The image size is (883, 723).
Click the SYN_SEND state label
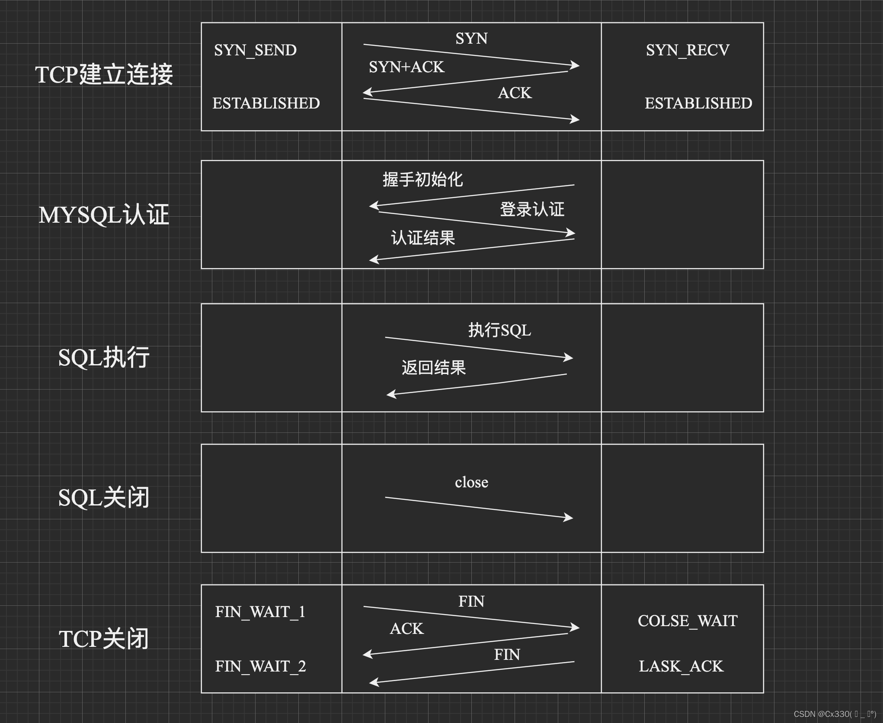255,51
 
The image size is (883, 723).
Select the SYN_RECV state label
688,51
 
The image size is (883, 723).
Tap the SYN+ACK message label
406,67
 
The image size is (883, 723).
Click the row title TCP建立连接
104,74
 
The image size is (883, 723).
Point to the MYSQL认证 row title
104,215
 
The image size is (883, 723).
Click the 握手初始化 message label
422,179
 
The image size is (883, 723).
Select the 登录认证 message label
532,209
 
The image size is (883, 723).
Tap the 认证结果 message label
423,238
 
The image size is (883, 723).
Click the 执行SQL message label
499,330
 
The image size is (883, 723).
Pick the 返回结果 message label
434,368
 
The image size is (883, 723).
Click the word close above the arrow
471,482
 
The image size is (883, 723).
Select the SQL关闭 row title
104,498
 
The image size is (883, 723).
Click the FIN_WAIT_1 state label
260,612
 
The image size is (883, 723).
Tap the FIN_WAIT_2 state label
260,666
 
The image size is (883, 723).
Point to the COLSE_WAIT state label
688,621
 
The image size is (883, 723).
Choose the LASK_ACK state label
681,666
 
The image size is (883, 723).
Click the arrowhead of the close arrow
569,517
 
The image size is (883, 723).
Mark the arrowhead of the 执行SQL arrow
569,357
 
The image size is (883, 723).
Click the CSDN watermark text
834,714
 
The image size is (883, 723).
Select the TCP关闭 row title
104,639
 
